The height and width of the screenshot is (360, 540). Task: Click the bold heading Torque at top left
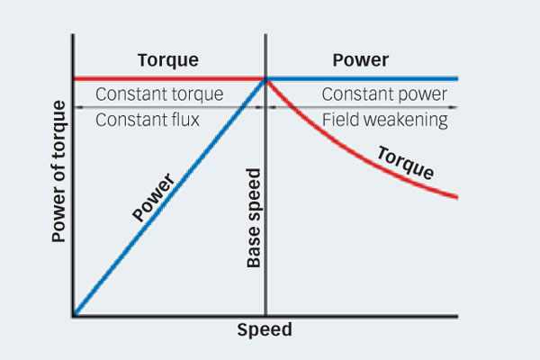[x=167, y=61]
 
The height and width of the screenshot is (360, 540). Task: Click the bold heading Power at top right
[x=360, y=61]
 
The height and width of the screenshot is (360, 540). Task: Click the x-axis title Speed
[x=265, y=330]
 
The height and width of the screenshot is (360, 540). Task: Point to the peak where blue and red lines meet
[x=265, y=79]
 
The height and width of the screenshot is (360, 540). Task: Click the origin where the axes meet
[x=74, y=316]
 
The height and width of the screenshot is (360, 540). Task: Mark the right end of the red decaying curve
[x=457, y=197]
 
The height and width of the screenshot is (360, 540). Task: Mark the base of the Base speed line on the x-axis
[x=265, y=316]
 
